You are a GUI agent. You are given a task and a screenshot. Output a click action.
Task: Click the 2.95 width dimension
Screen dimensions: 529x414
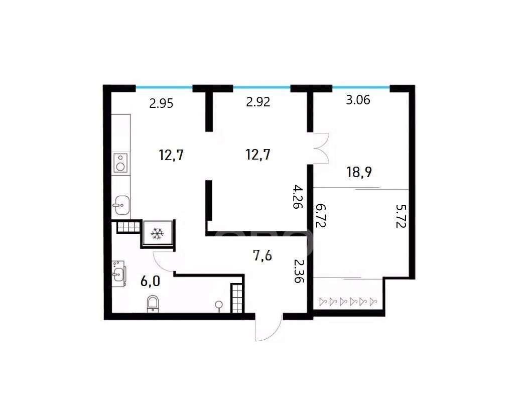click(161, 103)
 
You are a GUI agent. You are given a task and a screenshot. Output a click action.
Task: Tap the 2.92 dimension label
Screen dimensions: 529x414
click(258, 101)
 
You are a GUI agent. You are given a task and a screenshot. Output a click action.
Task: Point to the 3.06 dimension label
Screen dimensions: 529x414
click(358, 100)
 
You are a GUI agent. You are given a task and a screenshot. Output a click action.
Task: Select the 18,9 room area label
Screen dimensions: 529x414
click(359, 172)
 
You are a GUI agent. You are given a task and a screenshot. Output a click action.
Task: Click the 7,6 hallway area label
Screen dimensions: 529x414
click(262, 256)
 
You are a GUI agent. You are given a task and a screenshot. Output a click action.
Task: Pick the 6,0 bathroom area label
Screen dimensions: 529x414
click(150, 281)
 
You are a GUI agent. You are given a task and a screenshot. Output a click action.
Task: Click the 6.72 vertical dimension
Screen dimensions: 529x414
click(321, 215)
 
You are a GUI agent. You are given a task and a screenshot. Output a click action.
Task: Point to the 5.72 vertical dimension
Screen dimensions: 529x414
click(401, 216)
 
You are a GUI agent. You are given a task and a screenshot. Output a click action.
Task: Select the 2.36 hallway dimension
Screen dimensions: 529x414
click(299, 270)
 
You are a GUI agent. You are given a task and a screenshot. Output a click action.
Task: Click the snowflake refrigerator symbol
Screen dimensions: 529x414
click(157, 233)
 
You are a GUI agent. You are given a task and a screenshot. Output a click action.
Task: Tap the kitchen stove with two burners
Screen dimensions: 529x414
click(120, 163)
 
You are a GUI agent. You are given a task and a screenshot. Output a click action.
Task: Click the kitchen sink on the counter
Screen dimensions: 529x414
click(121, 205)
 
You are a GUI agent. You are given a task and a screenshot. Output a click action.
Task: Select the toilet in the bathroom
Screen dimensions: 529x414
click(153, 304)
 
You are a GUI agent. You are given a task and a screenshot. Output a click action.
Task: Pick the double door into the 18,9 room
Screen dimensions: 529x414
click(321, 149)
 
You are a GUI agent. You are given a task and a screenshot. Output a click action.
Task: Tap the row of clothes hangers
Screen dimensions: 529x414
click(348, 301)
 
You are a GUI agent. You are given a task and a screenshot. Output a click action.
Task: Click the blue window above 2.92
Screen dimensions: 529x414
click(262, 87)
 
